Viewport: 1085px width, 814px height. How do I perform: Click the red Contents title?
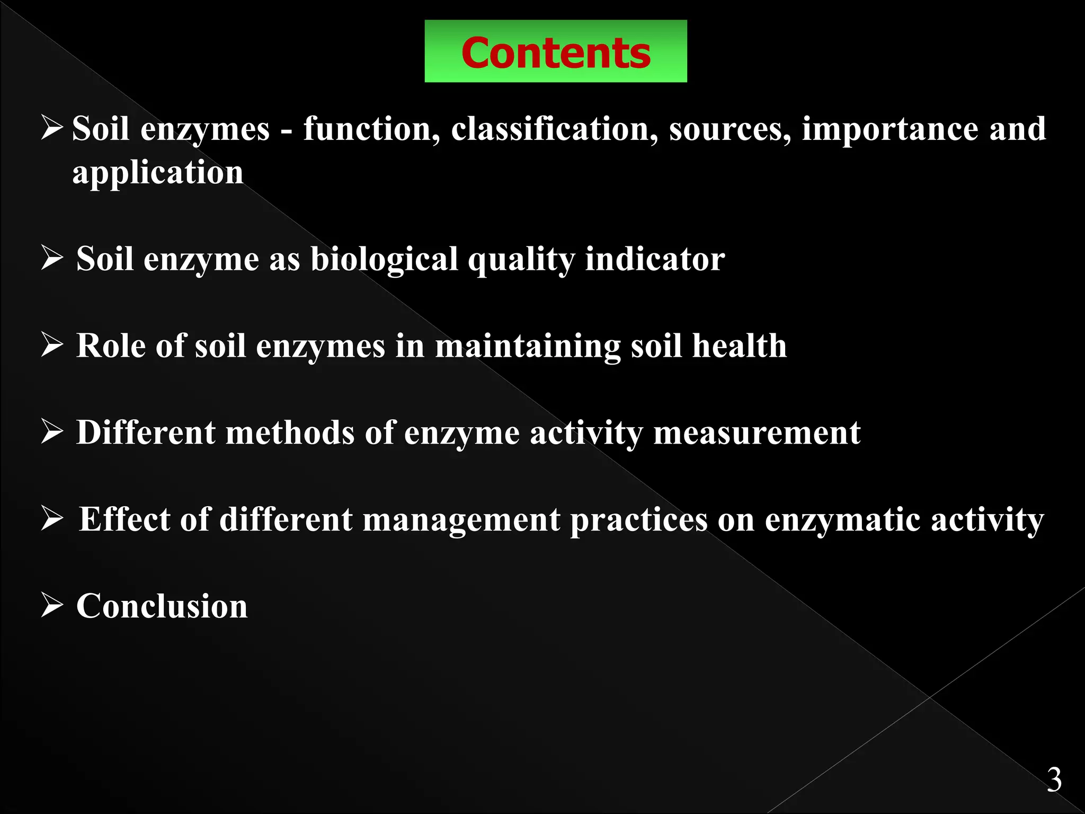[555, 53]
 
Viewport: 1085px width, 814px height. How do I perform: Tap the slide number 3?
[1054, 780]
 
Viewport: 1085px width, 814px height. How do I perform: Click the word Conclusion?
[162, 606]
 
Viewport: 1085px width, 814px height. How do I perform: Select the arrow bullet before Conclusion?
[52, 605]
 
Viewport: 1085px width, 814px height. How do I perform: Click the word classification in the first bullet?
[550, 129]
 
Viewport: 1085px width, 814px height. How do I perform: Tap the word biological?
[384, 260]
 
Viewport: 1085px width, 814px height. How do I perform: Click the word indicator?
[655, 259]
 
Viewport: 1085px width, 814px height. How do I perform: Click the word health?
[739, 346]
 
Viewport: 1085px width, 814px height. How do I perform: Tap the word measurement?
[757, 433]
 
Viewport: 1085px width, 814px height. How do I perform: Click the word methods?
[290, 432]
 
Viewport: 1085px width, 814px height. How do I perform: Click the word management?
[461, 520]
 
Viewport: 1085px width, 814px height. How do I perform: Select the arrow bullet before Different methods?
[52, 432]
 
